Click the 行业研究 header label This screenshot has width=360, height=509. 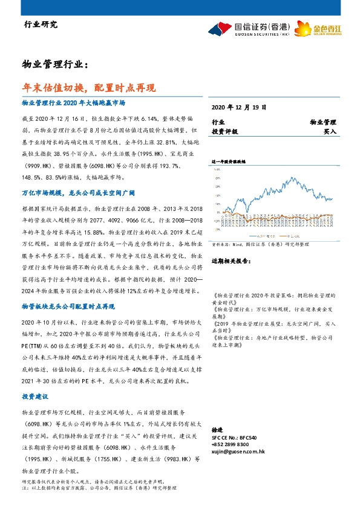click(x=40, y=25)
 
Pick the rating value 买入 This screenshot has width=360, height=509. click(x=330, y=131)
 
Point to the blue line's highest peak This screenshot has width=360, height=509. click(x=293, y=178)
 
